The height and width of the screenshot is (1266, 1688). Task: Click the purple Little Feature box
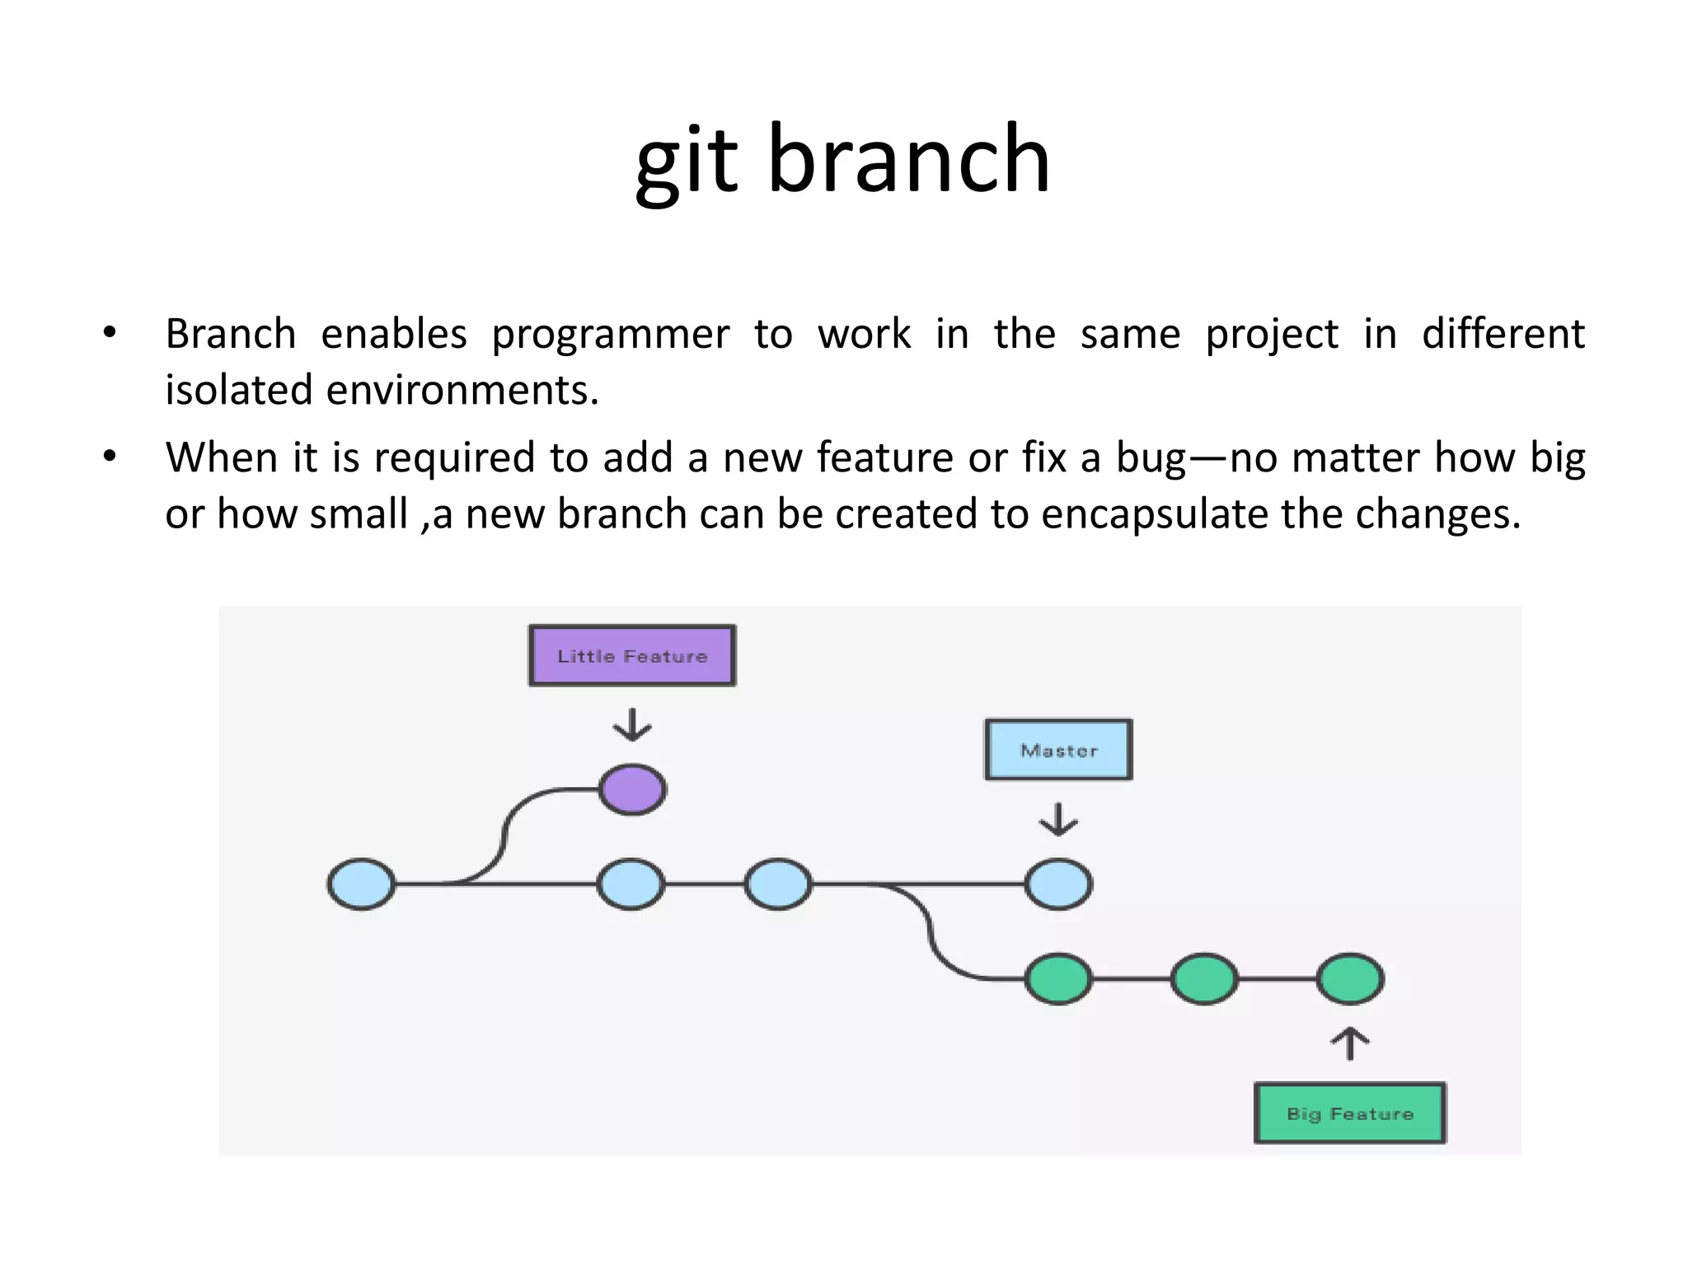point(632,656)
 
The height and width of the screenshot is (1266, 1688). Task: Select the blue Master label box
point(1058,750)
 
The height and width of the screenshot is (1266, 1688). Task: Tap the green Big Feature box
point(1349,1114)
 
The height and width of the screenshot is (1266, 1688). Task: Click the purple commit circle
point(632,790)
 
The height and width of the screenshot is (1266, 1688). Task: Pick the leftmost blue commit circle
point(361,884)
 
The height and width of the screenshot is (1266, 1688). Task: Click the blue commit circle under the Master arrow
point(1058,884)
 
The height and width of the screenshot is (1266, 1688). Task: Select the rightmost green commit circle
point(1349,979)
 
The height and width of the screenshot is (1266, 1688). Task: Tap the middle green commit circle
point(1204,979)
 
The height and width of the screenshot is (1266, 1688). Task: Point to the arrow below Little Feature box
point(632,724)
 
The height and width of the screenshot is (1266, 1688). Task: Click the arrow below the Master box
point(1058,819)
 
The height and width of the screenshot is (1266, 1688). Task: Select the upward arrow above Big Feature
point(1349,1043)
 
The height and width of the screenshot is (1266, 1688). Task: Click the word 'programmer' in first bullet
point(610,335)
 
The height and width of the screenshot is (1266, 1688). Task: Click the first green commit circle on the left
point(1058,979)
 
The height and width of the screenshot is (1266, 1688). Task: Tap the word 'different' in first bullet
point(1503,334)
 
